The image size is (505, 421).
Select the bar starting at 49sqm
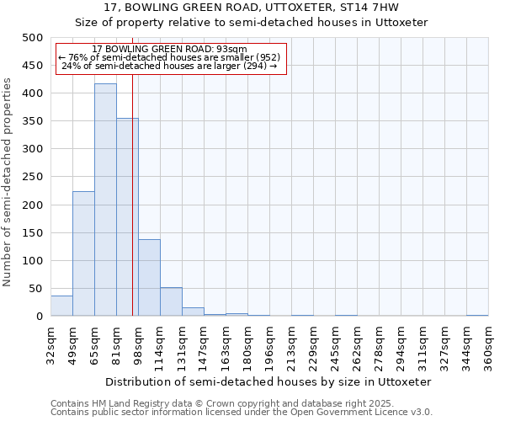coord(83,253)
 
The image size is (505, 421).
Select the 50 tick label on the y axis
coord(35,289)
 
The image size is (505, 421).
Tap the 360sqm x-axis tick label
coord(488,346)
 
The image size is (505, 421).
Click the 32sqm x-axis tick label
coord(50,346)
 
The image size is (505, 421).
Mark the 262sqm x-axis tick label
coord(357,346)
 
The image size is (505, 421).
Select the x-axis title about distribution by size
coord(268,381)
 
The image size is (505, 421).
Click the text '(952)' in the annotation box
coord(263,57)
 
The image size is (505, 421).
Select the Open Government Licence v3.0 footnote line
coord(241,412)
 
